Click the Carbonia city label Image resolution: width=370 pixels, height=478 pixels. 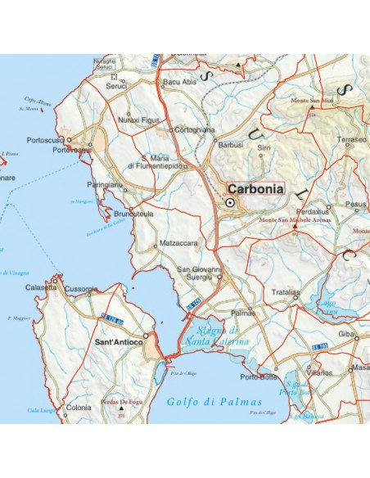pos(256,188)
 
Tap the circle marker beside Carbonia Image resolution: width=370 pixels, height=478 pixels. pos(231,202)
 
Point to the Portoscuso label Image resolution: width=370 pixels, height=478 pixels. pos(45,140)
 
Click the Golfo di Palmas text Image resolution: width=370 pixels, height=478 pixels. pos(213,402)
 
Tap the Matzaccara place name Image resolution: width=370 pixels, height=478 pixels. pos(180,243)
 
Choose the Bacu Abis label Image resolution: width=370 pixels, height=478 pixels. pos(180,83)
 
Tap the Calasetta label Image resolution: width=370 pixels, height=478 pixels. pos(41,287)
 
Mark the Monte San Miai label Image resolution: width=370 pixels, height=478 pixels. pos(314,101)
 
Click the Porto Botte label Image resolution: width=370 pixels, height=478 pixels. pos(258,377)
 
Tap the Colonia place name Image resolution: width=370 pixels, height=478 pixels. pos(79,407)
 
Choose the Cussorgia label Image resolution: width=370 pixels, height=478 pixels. pos(82,289)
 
